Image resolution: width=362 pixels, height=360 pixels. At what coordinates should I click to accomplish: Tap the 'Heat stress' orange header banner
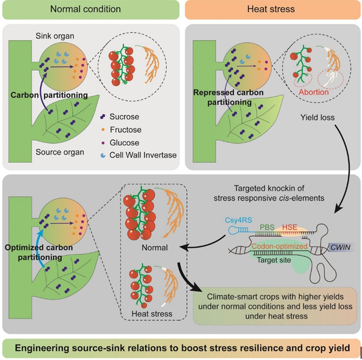pyautogui.click(x=272, y=9)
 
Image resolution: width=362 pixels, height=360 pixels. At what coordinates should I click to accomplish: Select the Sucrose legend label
pyautogui.click(x=124, y=117)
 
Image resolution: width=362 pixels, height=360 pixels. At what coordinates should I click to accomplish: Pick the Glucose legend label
pyautogui.click(x=124, y=143)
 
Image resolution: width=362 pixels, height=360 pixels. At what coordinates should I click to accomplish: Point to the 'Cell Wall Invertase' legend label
pyautogui.click(x=143, y=155)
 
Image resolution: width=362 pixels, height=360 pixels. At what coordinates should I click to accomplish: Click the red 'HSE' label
pyautogui.click(x=290, y=227)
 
